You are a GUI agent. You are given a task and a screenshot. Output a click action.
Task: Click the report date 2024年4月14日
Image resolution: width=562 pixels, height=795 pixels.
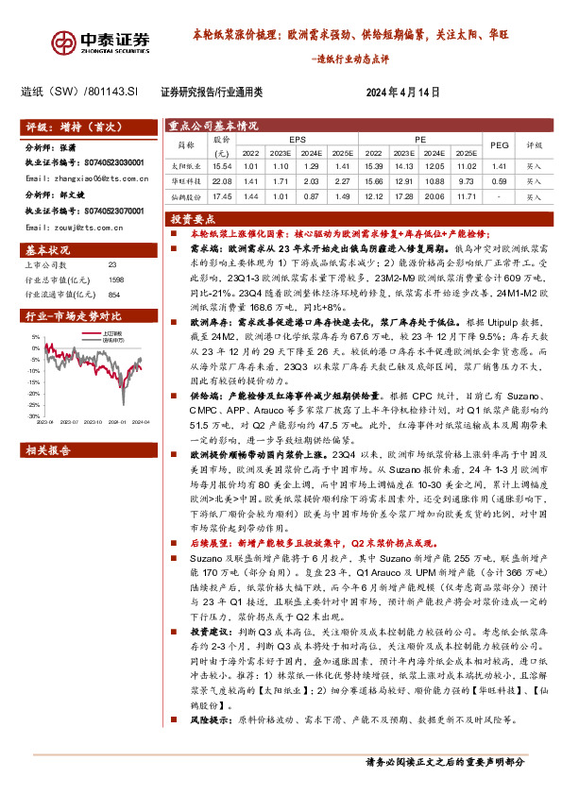pos(403,92)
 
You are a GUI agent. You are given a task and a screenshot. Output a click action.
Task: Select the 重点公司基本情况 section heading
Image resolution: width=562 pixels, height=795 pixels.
pos(213,125)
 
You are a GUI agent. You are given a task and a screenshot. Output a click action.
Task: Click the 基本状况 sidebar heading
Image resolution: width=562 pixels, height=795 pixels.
pos(48,251)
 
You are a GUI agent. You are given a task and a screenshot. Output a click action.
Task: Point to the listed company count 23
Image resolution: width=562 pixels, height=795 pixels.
pos(112,267)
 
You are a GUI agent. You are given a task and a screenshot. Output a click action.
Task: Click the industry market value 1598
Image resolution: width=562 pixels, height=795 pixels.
pos(116,279)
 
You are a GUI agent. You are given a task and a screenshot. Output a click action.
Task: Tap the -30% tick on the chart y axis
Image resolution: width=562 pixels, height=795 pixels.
pos(35,415)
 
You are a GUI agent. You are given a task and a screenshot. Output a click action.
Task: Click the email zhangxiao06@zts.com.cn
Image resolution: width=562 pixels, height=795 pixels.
pos(86,178)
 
